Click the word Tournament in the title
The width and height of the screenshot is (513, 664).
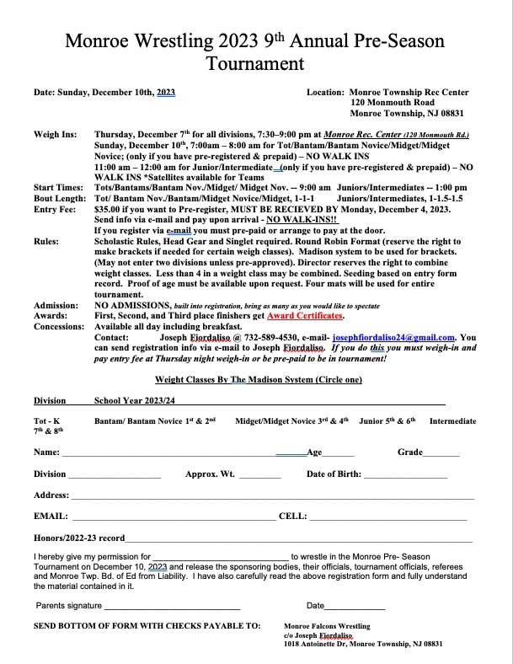tap(256, 63)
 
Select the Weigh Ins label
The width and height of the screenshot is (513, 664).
tap(55, 134)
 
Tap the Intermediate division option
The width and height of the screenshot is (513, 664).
tap(452, 420)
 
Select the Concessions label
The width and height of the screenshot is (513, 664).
tap(59, 325)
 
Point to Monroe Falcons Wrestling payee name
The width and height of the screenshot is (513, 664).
tap(327, 627)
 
